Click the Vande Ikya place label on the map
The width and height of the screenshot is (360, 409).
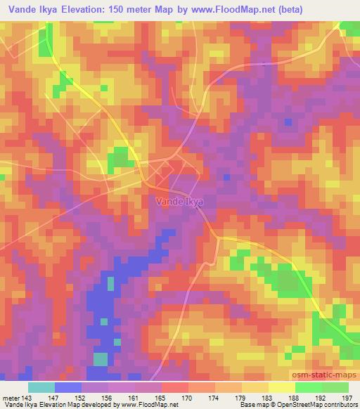[x=179, y=202]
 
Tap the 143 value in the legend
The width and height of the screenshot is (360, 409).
[x=26, y=397]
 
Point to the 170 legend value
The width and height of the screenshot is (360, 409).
[x=187, y=397]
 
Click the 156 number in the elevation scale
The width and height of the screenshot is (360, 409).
[x=106, y=397]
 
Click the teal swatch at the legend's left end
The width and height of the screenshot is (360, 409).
[x=41, y=387]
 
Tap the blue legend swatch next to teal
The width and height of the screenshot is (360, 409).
[x=68, y=387]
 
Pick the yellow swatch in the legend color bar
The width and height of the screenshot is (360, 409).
[x=282, y=387]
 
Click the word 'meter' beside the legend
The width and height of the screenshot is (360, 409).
[x=10, y=397]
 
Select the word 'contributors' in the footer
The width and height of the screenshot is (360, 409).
[x=340, y=405]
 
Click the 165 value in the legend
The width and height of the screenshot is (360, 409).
[x=160, y=397]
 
